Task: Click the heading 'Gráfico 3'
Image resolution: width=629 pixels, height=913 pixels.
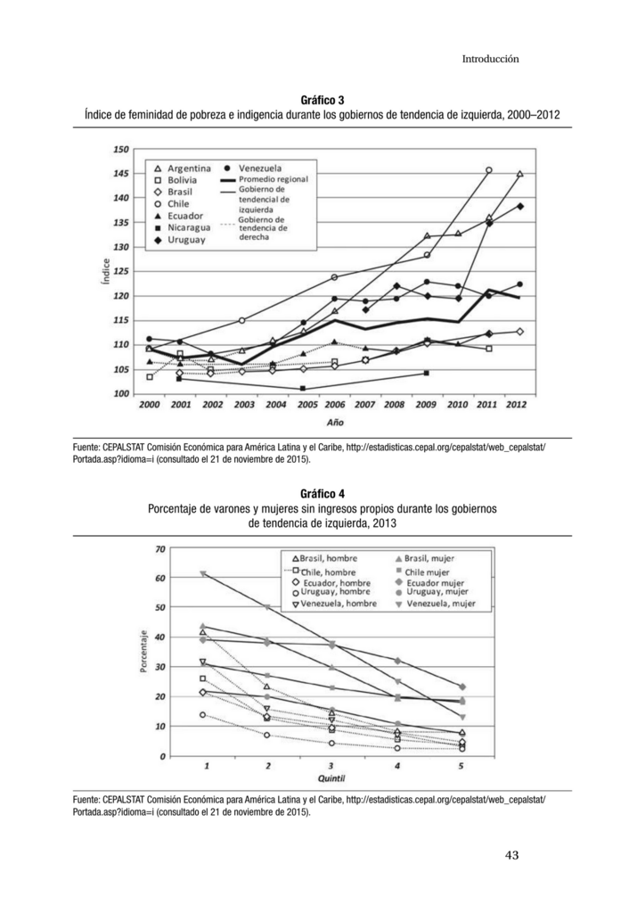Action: [322, 101]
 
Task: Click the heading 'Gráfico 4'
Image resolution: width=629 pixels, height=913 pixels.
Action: [322, 494]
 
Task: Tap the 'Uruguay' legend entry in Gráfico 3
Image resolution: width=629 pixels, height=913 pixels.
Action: [180, 240]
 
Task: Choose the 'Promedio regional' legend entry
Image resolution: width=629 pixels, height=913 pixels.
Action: [265, 179]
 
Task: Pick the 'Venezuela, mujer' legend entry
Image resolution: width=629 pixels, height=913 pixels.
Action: [436, 604]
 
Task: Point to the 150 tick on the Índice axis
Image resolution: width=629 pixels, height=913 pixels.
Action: [121, 149]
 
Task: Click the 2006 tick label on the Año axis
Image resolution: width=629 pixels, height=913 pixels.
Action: [335, 405]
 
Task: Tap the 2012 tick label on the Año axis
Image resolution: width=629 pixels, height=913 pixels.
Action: [516, 405]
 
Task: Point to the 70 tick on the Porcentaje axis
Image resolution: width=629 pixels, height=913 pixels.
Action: [160, 548]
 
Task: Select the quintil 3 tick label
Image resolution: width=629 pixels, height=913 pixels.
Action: [331, 766]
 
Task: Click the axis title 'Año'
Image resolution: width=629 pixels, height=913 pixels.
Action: [335, 422]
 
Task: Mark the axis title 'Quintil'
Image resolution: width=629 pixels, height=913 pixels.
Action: [331, 778]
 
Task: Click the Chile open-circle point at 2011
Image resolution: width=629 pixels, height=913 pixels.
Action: [489, 170]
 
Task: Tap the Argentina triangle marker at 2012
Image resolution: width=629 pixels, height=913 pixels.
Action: [519, 174]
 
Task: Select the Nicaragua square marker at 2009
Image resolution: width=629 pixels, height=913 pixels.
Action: [427, 373]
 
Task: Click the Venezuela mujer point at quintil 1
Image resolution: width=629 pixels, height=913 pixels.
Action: [202, 574]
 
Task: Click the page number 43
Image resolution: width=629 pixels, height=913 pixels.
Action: [512, 855]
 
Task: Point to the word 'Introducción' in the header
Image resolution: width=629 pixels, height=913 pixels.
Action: [490, 59]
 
